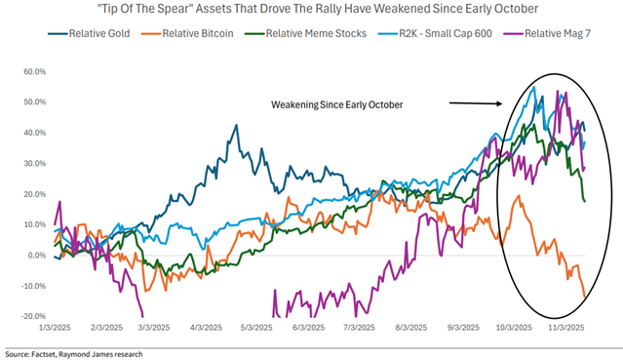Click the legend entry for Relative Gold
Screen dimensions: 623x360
pos(89,33)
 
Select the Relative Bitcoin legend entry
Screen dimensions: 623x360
pos(187,33)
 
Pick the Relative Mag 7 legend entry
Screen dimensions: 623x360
pos(547,33)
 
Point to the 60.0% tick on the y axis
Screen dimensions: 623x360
pos(35,71)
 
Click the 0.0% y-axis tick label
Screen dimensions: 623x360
pos(37,255)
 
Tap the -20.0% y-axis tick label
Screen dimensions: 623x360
pos(34,316)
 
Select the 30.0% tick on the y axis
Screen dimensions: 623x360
pos(35,164)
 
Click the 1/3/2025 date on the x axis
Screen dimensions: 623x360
pos(55,328)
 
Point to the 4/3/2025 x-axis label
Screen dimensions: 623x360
pos(206,328)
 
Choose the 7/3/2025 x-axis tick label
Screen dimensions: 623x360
pos(359,328)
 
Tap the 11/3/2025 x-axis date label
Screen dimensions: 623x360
pos(566,328)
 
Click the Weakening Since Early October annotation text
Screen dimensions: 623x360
pos(337,104)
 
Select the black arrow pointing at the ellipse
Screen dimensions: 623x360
pos(476,103)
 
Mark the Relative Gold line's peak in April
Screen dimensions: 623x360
pos(236,125)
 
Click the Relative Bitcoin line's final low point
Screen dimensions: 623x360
pos(584,297)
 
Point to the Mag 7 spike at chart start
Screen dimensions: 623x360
pos(60,201)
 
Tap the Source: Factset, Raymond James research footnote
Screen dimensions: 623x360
pos(73,354)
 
